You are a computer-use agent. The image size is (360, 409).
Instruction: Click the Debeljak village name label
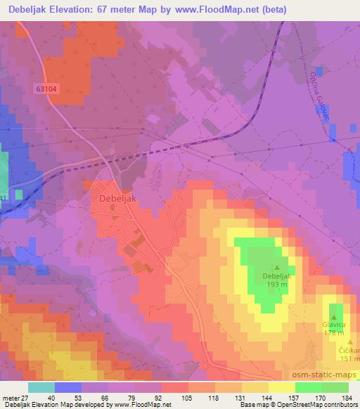tap(114, 199)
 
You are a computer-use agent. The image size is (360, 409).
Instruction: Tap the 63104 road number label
tap(46, 89)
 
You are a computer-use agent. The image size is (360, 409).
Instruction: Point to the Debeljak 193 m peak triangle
tap(276, 267)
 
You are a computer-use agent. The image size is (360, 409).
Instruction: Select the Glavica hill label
tap(334, 325)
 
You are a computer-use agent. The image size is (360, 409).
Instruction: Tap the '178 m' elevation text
tap(334, 333)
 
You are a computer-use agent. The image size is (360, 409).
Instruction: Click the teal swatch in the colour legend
tap(41, 387)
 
